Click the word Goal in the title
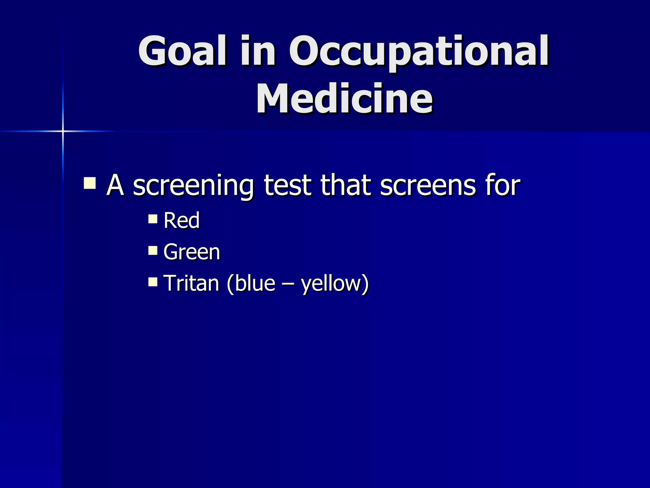(182, 51)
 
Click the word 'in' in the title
(257, 51)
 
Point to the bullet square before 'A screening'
(90, 183)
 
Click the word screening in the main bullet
(193, 186)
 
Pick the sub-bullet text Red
(181, 220)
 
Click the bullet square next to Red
(153, 219)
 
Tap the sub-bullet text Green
(191, 252)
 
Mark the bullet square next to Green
(153, 251)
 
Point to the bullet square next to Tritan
(153, 282)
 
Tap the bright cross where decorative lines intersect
(63, 131)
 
